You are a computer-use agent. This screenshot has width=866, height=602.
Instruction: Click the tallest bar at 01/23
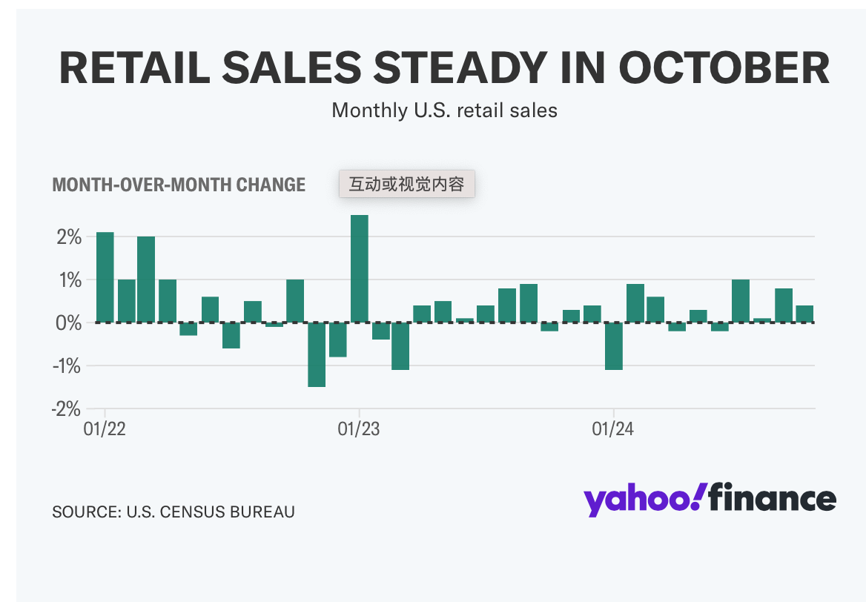(x=360, y=268)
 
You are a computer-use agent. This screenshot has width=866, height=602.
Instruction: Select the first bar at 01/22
(x=105, y=277)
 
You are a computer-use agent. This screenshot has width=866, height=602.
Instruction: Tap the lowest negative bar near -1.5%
(x=317, y=354)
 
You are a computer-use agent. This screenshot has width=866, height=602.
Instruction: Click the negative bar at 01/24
(x=613, y=345)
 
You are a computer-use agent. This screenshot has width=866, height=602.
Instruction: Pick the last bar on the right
(x=804, y=314)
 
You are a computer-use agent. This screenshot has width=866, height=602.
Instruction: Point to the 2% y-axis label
(x=66, y=237)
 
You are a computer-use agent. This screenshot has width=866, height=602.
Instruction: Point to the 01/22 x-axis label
(x=105, y=430)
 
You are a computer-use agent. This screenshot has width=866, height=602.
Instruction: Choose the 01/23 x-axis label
(x=359, y=430)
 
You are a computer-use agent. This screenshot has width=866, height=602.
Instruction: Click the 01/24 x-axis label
(x=613, y=430)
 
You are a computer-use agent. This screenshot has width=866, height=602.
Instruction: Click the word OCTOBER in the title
(x=724, y=67)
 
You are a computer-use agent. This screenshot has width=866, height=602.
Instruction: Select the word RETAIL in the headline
(x=139, y=67)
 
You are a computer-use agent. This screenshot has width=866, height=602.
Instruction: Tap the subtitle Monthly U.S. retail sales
(x=444, y=110)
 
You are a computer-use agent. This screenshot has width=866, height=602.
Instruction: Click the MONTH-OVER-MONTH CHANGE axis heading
(x=179, y=185)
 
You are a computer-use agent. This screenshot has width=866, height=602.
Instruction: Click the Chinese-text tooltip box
(x=406, y=184)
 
